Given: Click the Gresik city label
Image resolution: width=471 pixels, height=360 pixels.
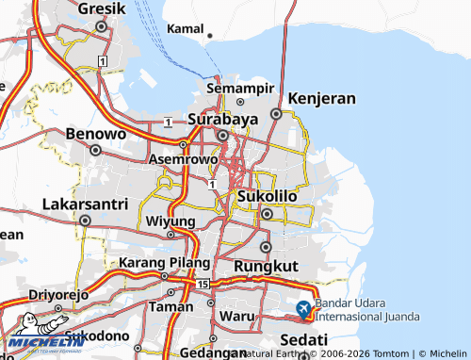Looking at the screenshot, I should [x=101, y=8].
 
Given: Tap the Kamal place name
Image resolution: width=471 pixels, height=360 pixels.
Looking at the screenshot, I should [x=185, y=29].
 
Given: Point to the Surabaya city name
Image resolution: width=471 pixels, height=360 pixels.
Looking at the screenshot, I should [x=222, y=121].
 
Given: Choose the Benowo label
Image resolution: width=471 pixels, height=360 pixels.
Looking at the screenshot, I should [x=96, y=134].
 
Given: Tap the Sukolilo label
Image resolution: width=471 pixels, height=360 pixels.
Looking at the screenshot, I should [x=267, y=196].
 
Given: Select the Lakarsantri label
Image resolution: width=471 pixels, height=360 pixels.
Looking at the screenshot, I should [x=84, y=204].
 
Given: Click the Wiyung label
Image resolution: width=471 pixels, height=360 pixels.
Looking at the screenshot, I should [x=171, y=221].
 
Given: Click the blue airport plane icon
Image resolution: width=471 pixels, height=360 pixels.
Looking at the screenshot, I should [x=303, y=308].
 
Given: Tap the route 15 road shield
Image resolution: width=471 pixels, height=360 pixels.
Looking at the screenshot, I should [x=203, y=284].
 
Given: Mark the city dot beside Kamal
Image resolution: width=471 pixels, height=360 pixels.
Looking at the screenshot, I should [x=209, y=37].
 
